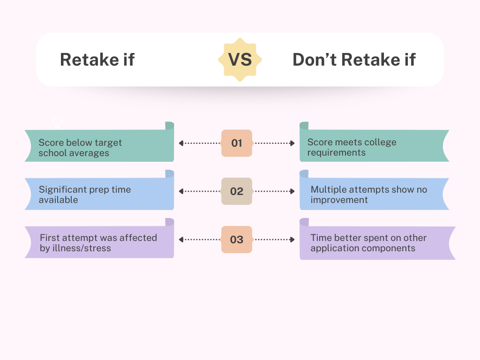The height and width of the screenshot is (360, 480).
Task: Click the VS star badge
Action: point(240,60)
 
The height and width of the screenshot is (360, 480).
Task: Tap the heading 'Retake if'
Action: point(97,60)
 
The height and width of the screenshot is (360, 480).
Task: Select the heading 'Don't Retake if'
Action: point(354,60)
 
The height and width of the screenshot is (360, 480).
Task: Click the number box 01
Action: point(237,143)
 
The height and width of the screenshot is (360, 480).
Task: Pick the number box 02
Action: point(237,191)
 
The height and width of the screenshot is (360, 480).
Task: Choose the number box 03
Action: point(237,240)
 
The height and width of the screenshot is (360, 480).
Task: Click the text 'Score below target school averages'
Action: point(80,148)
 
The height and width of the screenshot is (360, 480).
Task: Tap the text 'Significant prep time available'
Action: point(85,195)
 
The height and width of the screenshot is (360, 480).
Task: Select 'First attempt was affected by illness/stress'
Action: point(98,243)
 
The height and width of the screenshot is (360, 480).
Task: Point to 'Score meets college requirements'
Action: point(352,147)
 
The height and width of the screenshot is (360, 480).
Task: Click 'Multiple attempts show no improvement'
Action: point(369,195)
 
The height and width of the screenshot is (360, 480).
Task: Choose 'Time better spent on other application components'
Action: point(368,243)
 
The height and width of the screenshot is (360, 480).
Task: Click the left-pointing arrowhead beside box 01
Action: point(181,143)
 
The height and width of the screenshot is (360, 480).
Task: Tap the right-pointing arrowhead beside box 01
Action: point(292,143)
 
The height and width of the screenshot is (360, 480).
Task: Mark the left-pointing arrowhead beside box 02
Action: point(181,191)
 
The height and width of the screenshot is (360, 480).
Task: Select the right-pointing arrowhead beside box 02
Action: point(292,191)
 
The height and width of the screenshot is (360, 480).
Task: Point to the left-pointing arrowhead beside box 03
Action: point(181,240)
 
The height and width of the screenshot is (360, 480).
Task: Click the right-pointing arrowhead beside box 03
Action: point(292,240)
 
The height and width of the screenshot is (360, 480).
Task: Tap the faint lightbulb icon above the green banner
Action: point(57,121)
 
